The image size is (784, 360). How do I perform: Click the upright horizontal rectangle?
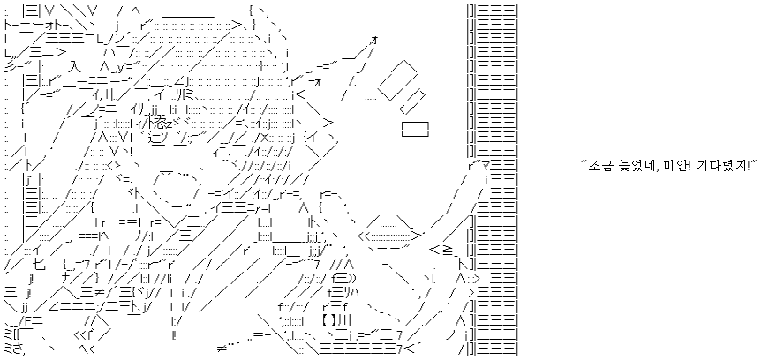pyautogui.click(x=414, y=130)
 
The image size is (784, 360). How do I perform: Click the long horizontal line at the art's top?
pyautogui.click(x=189, y=15)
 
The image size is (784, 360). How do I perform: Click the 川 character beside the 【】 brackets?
pyautogui.click(x=344, y=319)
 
